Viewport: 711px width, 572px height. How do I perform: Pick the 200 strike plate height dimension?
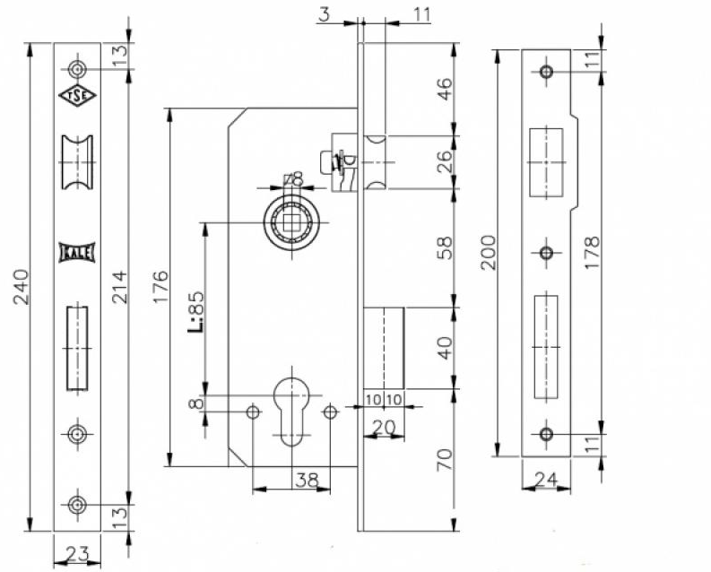487,255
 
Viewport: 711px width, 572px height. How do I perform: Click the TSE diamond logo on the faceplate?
78,96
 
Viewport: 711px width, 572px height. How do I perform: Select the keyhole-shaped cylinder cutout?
291,408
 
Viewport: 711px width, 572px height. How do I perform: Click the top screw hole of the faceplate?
78,69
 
